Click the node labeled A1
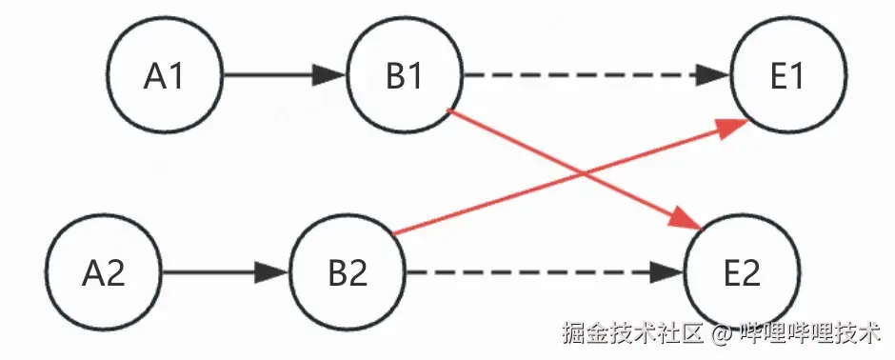pyautogui.click(x=164, y=75)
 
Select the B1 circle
pyautogui.click(x=405, y=75)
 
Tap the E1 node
pyautogui.click(x=787, y=75)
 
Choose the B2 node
pyautogui.click(x=348, y=274)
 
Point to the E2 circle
pyautogui.click(x=742, y=274)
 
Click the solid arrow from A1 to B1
pyautogui.click(x=276, y=75)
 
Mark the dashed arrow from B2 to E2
pyautogui.click(x=533, y=274)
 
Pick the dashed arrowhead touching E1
pyautogui.click(x=715, y=75)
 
